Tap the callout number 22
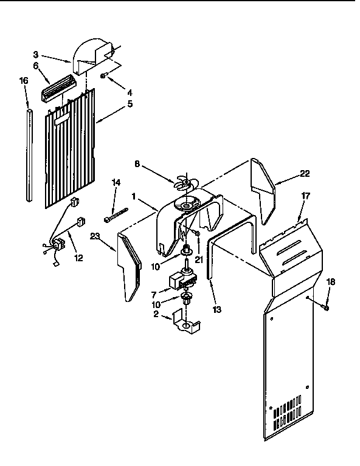[305, 174]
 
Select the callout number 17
[305, 197]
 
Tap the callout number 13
[217, 309]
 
